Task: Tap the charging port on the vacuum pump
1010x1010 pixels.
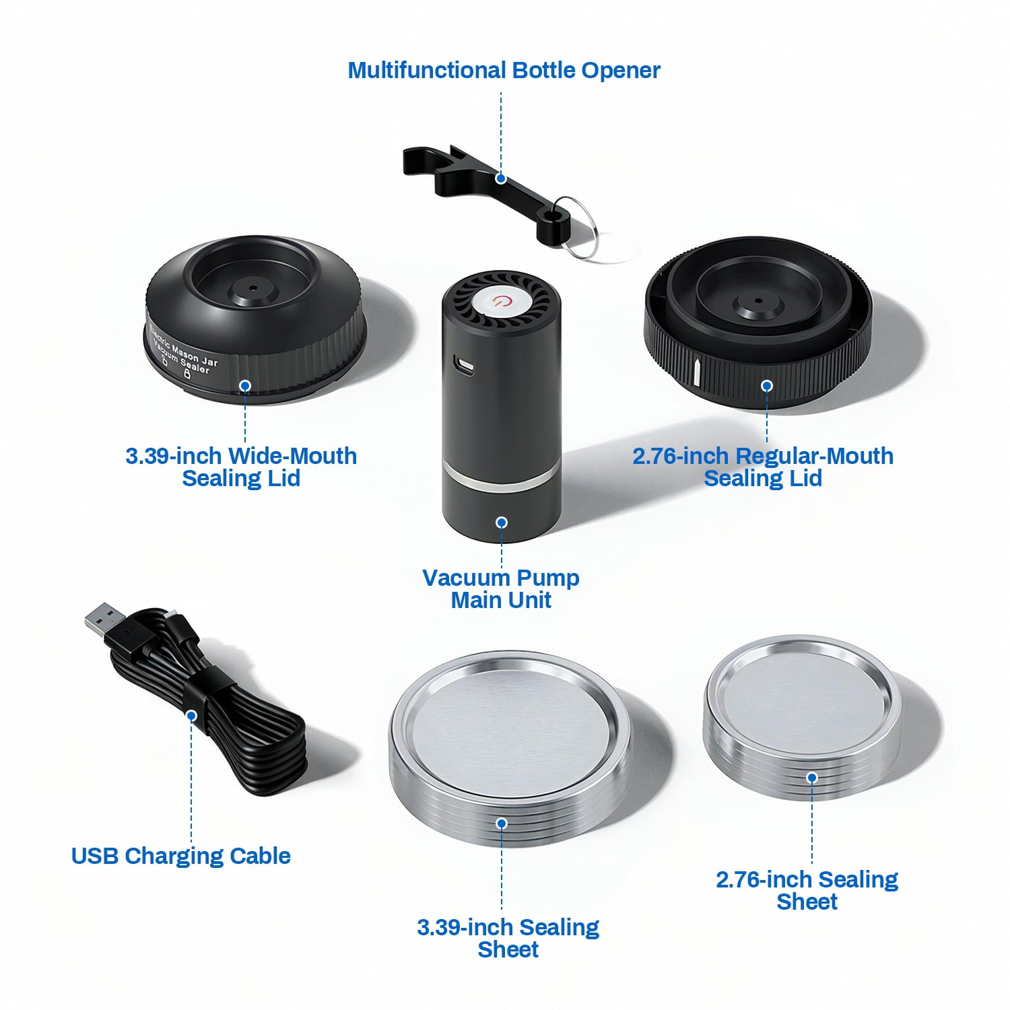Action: tap(464, 365)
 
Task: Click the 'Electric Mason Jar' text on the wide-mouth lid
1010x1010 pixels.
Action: tap(183, 347)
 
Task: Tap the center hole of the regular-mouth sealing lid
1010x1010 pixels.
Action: tap(758, 301)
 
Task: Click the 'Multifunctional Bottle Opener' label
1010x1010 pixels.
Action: tap(504, 70)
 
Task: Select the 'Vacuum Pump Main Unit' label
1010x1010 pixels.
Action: tap(501, 588)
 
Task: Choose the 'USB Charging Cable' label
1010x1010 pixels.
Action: tap(180, 856)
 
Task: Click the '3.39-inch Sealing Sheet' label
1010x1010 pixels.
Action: tap(508, 938)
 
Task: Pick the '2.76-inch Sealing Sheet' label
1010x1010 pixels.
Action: tap(807, 890)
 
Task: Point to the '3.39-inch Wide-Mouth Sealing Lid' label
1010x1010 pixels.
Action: tap(241, 467)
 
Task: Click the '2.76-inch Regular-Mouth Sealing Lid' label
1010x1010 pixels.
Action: tap(763, 467)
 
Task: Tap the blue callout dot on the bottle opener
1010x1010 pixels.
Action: tap(501, 178)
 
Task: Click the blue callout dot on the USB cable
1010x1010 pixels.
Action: tap(192, 715)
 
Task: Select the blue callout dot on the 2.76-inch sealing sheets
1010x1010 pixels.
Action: tap(812, 778)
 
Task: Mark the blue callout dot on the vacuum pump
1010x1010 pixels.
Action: tap(502, 523)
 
